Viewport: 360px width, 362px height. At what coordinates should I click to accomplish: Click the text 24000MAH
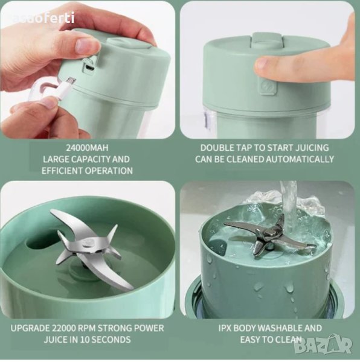[x=87, y=148]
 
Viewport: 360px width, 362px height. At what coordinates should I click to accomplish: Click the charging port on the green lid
[x=89, y=68]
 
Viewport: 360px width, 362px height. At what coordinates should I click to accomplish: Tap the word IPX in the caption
[x=225, y=328]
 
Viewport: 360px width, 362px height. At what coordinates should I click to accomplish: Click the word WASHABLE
[x=279, y=328]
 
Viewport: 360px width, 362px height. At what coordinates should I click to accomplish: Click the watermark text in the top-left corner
[x=43, y=19]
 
